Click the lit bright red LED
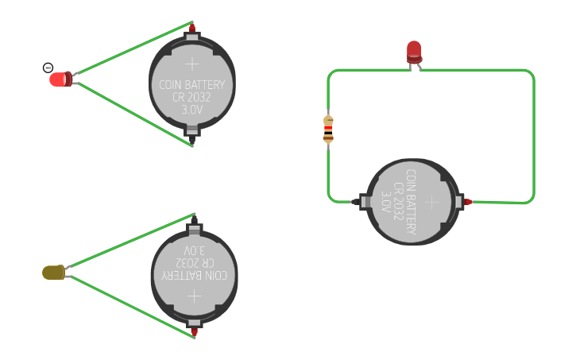61,79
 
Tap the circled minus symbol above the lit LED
48,68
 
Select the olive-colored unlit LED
54,273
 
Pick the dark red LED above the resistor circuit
415,52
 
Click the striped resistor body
328,129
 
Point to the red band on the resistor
328,127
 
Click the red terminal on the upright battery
192,28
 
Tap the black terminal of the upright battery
192,140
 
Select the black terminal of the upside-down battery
195,220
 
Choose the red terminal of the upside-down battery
195,332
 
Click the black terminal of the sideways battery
355,202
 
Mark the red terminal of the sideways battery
468,202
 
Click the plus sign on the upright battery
192,64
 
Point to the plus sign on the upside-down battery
195,296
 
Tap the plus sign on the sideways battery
432,202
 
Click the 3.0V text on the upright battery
192,110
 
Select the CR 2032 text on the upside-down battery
195,263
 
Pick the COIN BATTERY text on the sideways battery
411,202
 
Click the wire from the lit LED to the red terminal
135,48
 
